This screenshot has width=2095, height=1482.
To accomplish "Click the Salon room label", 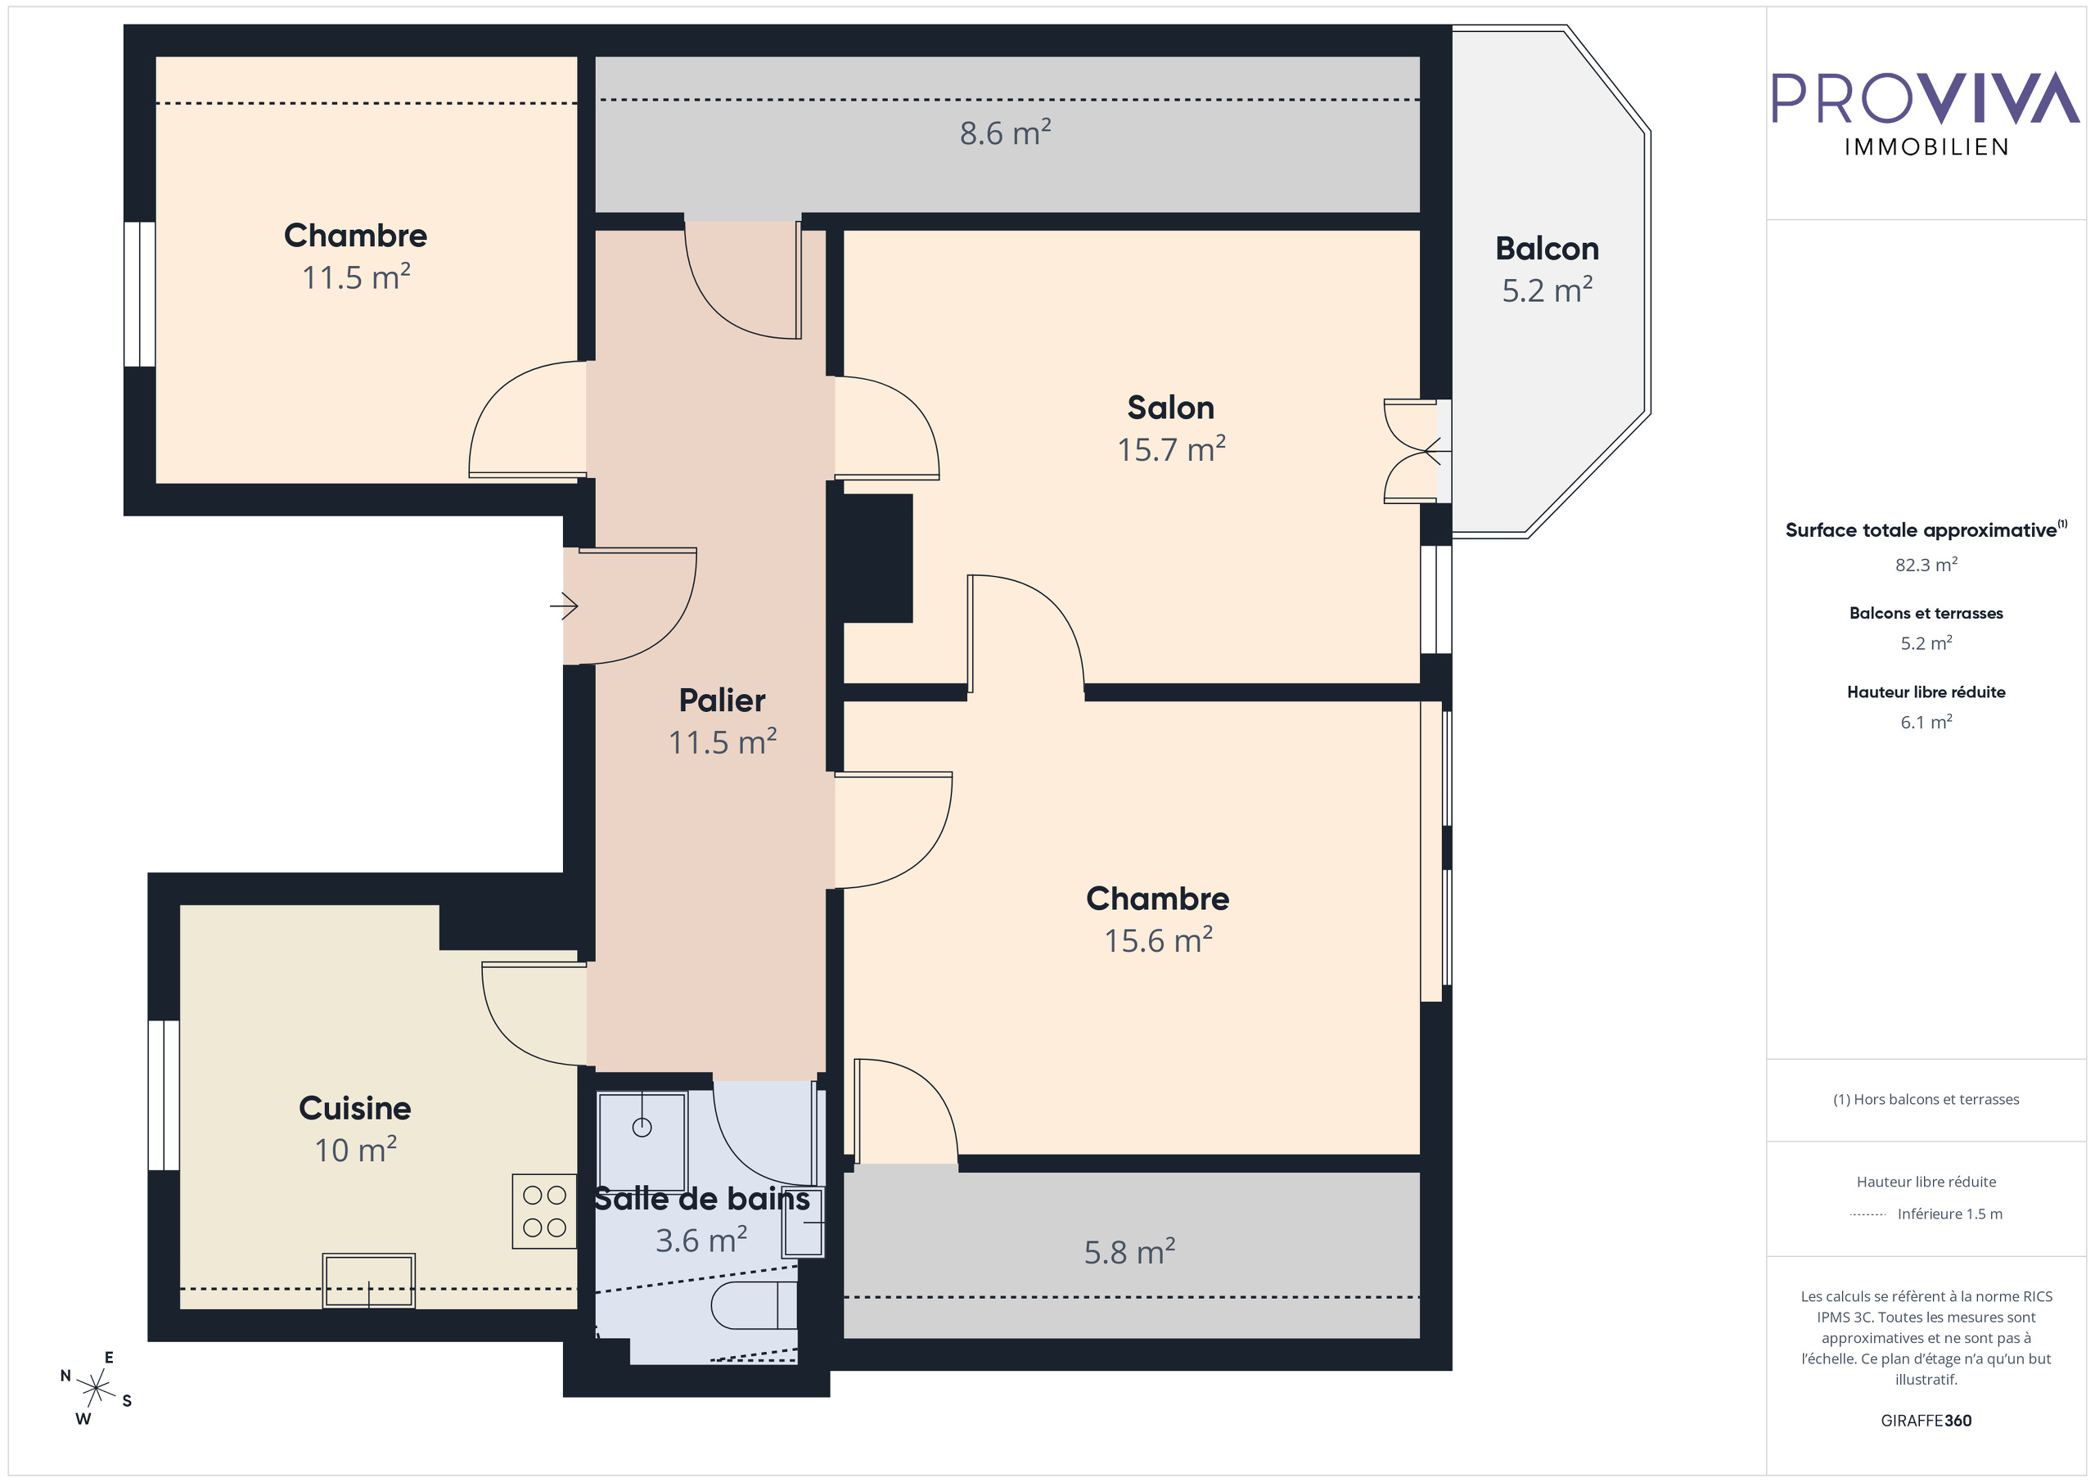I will [x=1171, y=408].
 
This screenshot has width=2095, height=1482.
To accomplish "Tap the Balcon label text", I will [x=1547, y=249].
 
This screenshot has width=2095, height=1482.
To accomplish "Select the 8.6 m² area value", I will [x=1005, y=133].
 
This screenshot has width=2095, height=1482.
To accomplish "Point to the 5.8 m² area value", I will [x=1129, y=1252].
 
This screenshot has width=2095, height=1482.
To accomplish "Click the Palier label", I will [x=722, y=700].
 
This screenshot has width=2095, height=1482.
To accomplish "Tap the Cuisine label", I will [x=355, y=1108].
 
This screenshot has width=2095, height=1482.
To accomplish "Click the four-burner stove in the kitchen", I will [x=545, y=1211].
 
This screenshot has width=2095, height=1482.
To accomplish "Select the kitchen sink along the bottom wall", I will [x=368, y=1281].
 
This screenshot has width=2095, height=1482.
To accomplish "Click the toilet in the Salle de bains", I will [x=752, y=1305].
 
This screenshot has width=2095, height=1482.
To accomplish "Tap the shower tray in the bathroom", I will [x=642, y=1141].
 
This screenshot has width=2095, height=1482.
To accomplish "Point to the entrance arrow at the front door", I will [x=564, y=605].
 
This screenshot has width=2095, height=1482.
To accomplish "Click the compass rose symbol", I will [x=95, y=1388].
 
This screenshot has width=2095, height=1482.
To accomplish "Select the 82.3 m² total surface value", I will [x=1926, y=565].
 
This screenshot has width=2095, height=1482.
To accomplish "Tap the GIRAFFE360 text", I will [x=1926, y=1421].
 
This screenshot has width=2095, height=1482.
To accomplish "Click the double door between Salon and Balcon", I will [x=1415, y=451].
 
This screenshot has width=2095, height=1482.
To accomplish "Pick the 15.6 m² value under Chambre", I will [x=1158, y=941].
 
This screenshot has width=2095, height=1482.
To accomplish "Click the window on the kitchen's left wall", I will [x=164, y=1094].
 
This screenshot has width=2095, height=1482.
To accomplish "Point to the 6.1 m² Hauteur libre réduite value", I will [x=1926, y=722].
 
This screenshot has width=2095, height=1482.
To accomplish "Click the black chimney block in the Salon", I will [x=876, y=558].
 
